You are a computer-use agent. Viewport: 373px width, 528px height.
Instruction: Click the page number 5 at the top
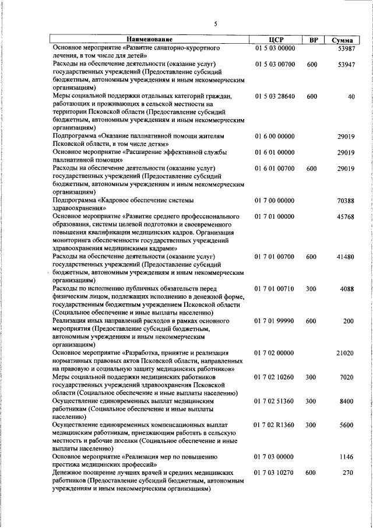coord(215,24)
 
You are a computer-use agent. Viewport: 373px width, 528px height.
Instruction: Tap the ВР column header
coord(313,40)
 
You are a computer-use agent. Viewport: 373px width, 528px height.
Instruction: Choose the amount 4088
coord(348,288)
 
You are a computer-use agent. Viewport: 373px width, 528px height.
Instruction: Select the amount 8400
coord(348,401)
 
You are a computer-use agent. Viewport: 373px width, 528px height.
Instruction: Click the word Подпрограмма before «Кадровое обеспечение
coord(74,200)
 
